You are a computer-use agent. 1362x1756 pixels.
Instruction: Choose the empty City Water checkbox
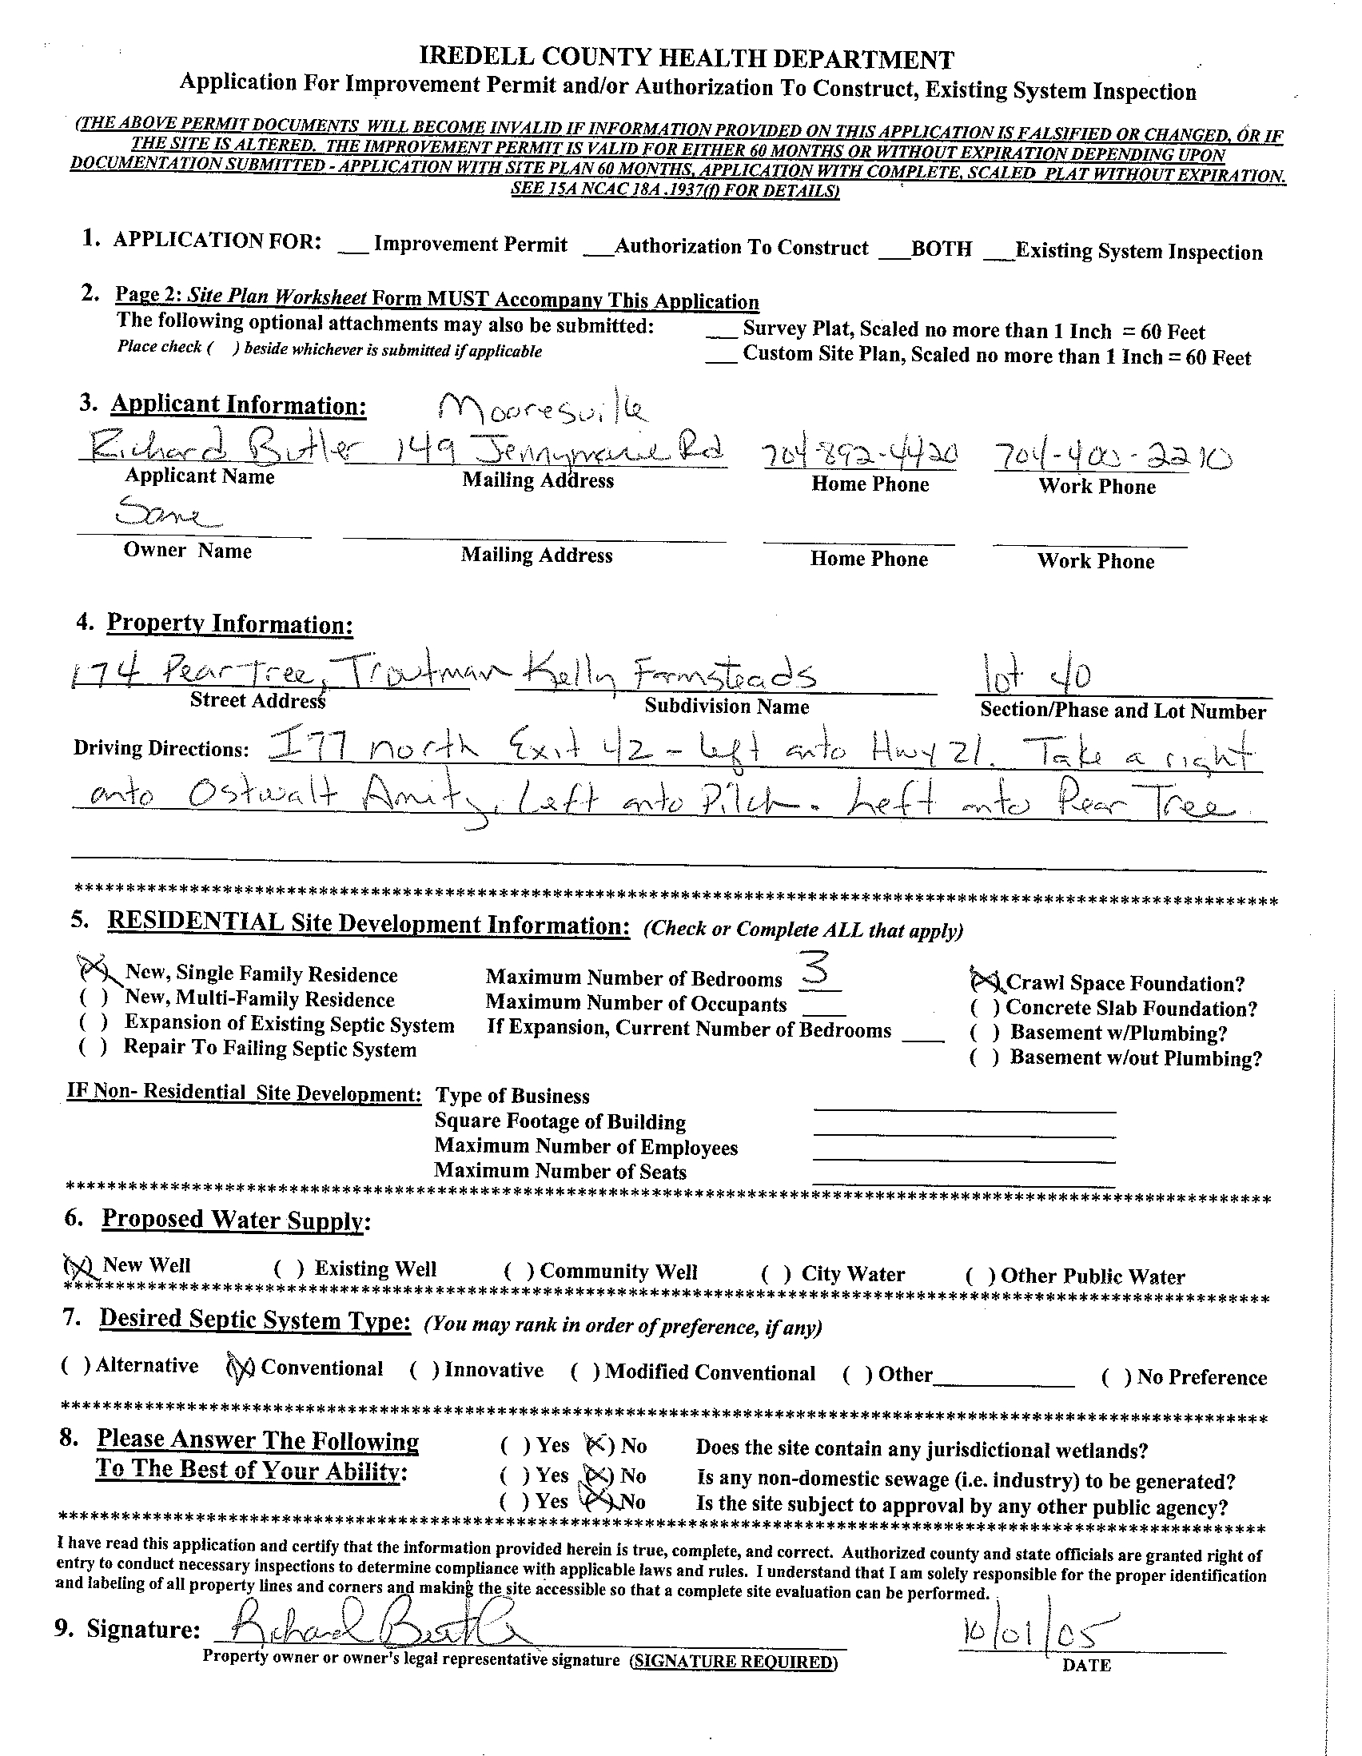pos(774,1274)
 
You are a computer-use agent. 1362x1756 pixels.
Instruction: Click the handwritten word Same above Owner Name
pos(167,510)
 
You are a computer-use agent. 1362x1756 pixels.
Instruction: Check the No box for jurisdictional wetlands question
pos(599,1445)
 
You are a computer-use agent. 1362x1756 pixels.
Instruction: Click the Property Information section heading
pos(229,624)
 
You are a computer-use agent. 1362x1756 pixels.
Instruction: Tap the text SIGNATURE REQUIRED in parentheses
pos(732,1662)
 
